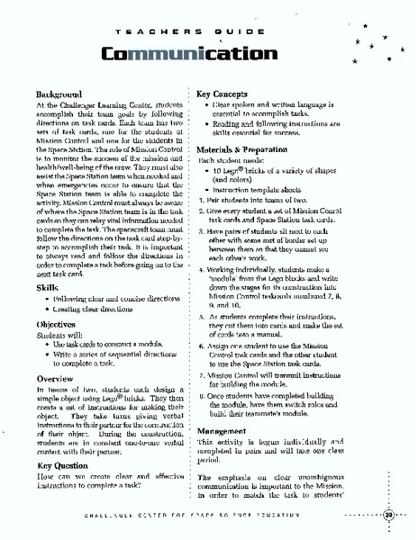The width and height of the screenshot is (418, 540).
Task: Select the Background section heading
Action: pos(59,94)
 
